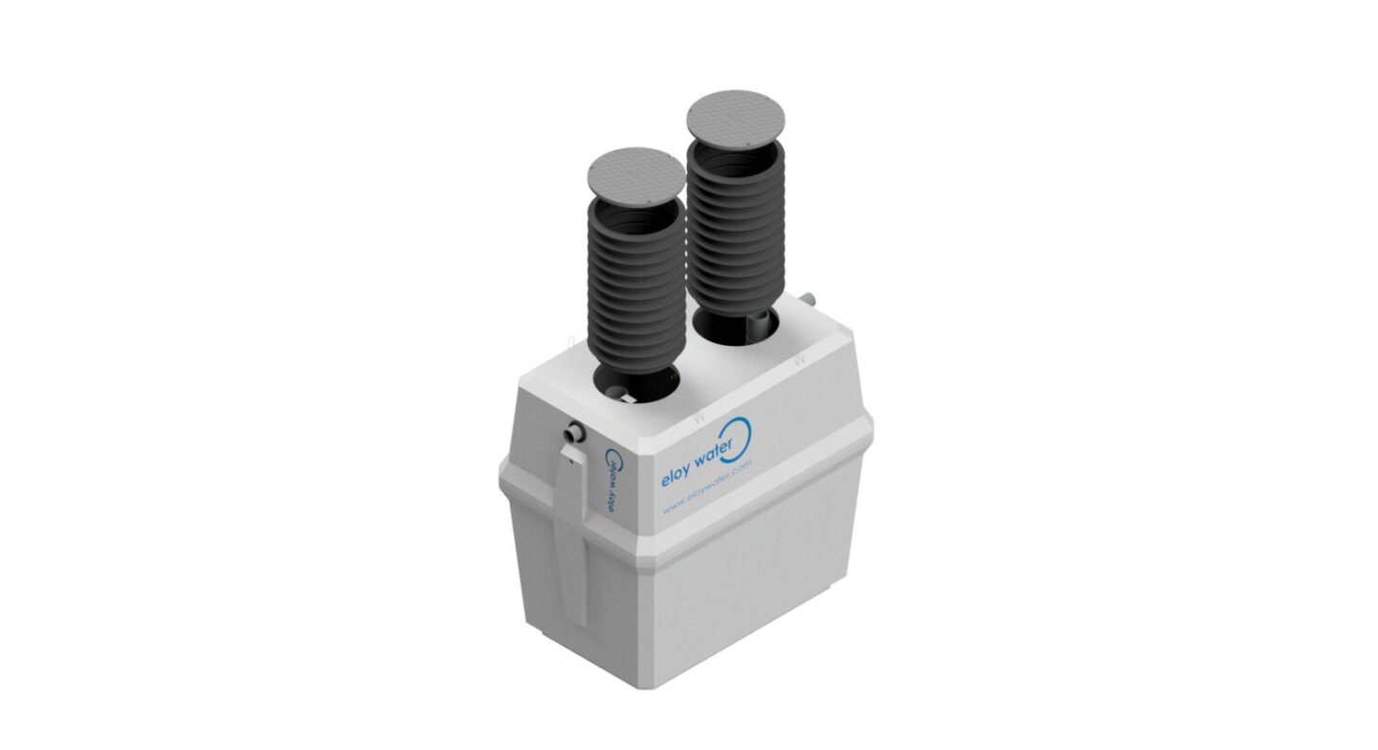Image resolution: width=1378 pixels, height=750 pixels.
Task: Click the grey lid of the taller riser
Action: point(736,118)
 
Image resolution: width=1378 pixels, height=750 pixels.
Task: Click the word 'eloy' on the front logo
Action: point(676,473)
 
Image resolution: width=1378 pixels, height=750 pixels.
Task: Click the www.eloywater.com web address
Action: point(707,489)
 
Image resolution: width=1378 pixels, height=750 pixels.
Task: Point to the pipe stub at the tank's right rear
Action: point(808,299)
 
